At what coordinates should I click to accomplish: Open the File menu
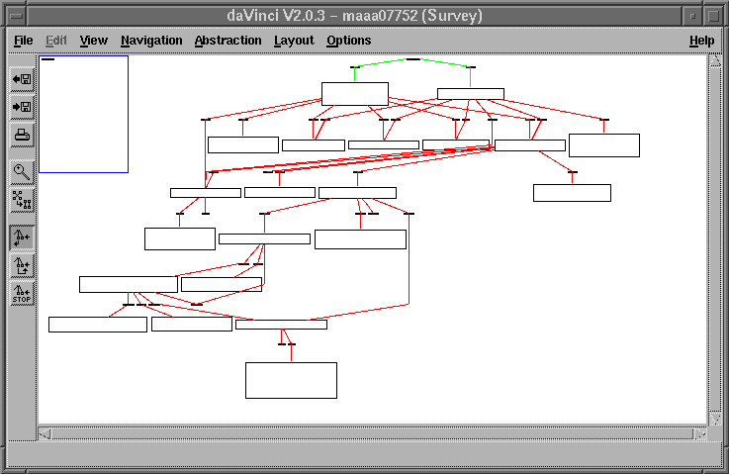(24, 41)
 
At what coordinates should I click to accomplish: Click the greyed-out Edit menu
(54, 41)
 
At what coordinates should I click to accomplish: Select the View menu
(93, 41)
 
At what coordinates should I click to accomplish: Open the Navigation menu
(151, 41)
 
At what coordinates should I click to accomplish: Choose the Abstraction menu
(228, 41)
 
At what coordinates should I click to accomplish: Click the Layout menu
(294, 41)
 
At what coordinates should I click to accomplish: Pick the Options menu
(348, 41)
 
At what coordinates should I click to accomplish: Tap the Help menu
(701, 41)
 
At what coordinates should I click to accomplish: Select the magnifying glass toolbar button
(22, 171)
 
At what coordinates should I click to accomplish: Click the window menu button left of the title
(15, 16)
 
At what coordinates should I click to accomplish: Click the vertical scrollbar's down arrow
(715, 420)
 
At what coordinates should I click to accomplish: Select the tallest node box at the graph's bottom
(291, 380)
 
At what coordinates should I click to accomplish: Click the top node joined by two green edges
(413, 59)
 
